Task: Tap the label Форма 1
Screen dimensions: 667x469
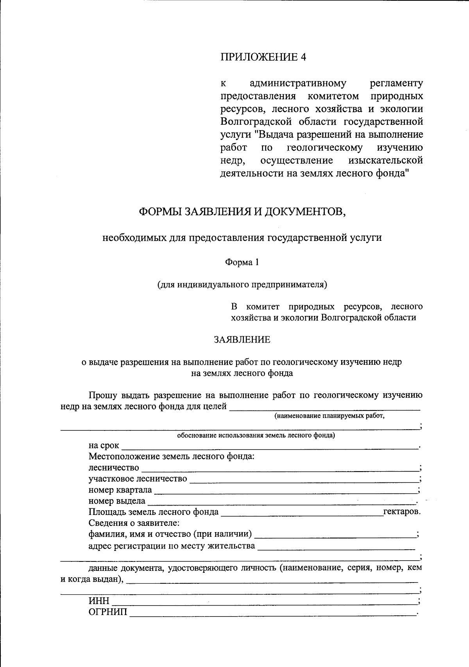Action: [242, 262]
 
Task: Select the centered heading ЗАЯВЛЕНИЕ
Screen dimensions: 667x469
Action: [242, 339]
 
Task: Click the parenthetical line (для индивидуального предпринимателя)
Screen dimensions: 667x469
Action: [242, 285]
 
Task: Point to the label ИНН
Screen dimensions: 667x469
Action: [99, 601]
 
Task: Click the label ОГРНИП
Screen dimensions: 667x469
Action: [108, 612]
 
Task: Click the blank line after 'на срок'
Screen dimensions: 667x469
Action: [270, 446]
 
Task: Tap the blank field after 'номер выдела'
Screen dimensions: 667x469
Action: [281, 501]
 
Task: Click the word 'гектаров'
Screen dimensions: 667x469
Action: [401, 512]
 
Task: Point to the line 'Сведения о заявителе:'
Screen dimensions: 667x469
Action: [134, 523]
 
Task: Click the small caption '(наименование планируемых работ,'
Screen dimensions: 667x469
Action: [329, 416]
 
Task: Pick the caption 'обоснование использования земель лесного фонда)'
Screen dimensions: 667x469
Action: [256, 435]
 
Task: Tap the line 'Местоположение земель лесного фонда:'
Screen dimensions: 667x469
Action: [172, 457]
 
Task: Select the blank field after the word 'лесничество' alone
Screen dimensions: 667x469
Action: [279, 468]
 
